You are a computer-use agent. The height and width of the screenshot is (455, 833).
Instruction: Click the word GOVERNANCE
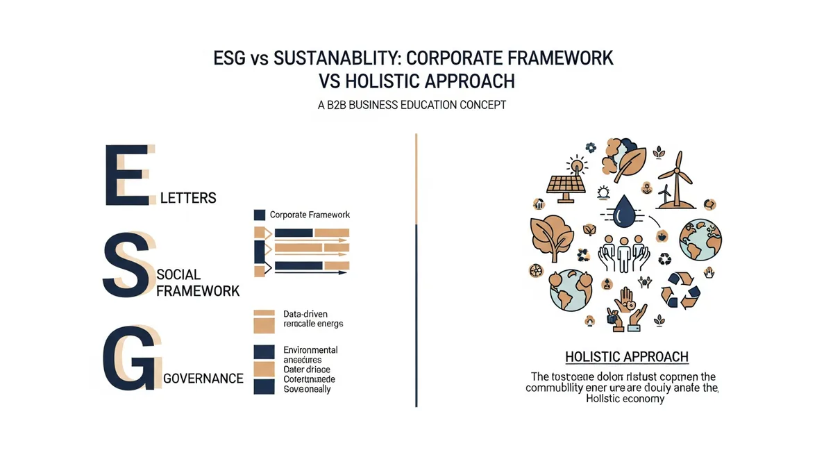[203, 379]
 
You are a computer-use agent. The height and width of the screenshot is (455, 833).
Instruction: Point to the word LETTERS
[188, 198]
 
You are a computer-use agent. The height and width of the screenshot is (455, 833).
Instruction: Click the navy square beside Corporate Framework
[260, 215]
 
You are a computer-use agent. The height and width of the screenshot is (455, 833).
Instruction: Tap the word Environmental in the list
[310, 349]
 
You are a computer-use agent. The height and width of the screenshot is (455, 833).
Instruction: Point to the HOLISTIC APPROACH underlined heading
[626, 357]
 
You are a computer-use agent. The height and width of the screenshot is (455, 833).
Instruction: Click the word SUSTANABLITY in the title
[330, 58]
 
